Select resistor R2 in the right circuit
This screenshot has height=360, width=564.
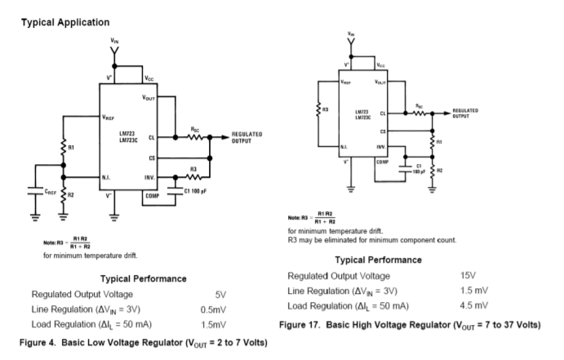pyautogui.click(x=432, y=171)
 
